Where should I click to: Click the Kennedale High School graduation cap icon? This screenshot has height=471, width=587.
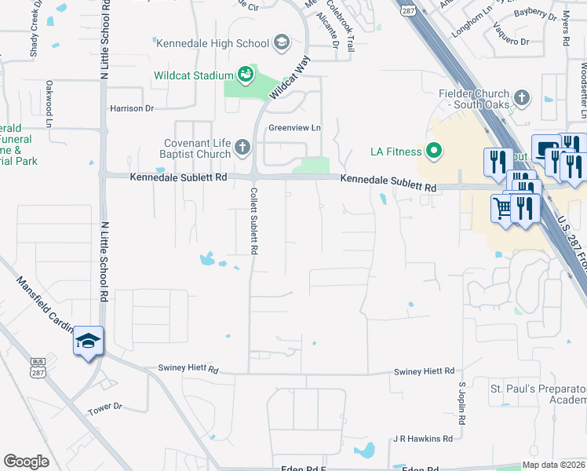[x=281, y=42]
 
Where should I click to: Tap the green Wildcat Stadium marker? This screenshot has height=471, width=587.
[x=246, y=75]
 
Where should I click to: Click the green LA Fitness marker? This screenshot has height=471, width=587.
[x=433, y=150]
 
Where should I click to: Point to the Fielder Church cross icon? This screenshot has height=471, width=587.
[x=524, y=98]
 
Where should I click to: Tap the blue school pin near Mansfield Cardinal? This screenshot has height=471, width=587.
[x=88, y=341]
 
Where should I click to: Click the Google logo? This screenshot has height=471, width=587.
[x=26, y=462]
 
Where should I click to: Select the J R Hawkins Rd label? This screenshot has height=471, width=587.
[x=423, y=439]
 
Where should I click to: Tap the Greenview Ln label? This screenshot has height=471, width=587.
[x=295, y=128]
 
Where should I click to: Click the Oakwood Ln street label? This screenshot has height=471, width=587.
[x=49, y=104]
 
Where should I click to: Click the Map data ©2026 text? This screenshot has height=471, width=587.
[x=553, y=465]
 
